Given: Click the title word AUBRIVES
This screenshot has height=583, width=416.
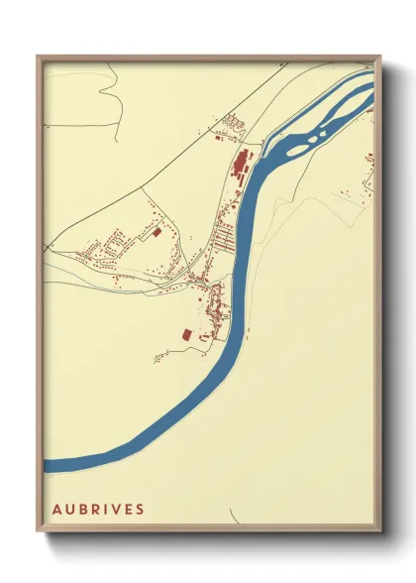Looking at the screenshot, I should coord(98,509).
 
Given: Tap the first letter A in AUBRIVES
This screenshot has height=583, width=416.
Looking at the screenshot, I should coord(56,509).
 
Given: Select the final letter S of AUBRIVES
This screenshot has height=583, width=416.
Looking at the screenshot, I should coord(140,509).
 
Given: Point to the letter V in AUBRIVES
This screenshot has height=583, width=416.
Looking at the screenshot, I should coord(116,509).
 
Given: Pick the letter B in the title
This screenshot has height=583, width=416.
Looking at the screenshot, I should coord(82,509).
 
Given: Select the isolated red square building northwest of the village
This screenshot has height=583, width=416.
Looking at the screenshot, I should coord(156,233).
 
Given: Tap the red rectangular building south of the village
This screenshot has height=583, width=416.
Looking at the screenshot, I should coord(185,336).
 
